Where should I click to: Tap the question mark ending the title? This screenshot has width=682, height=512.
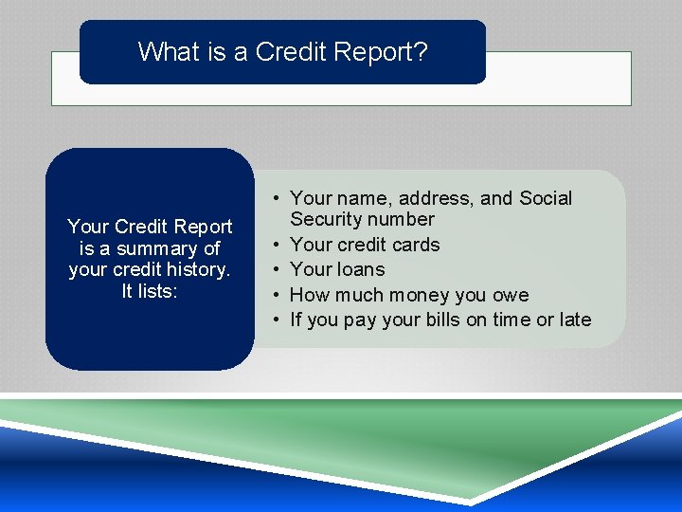tap(421, 51)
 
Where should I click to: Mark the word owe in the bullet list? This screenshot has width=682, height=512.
tap(511, 295)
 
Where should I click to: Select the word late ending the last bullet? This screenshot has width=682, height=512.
tap(575, 320)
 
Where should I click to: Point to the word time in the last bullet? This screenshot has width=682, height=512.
tap(509, 320)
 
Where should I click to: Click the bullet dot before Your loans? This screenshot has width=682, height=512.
tap(274, 269)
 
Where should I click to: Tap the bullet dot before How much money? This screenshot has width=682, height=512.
tap(274, 295)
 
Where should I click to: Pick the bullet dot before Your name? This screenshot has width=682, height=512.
tap(274, 198)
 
